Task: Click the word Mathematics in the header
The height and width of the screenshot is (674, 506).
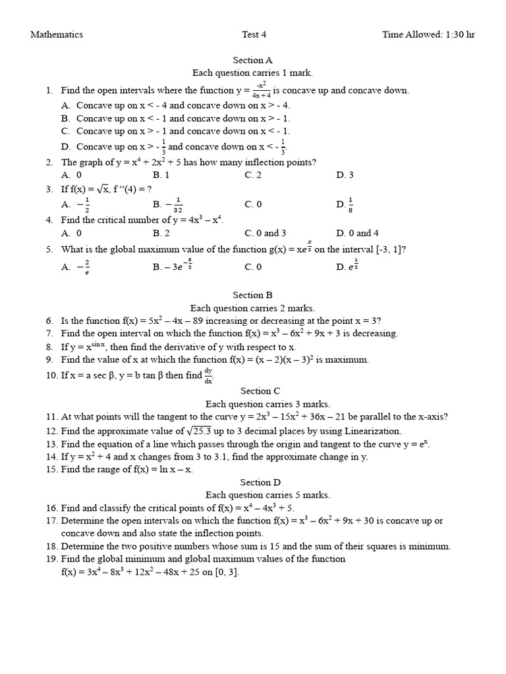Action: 57,35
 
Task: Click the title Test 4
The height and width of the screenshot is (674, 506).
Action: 254,35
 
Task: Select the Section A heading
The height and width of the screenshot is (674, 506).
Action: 252,61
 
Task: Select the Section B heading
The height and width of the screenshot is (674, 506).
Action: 252,296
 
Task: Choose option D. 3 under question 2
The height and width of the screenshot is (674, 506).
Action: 345,175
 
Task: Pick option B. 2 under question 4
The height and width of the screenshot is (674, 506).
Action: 161,233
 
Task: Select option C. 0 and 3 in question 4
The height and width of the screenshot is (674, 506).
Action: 265,233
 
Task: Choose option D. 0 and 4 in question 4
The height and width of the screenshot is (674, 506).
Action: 357,233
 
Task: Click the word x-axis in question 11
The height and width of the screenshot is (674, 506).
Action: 433,417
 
